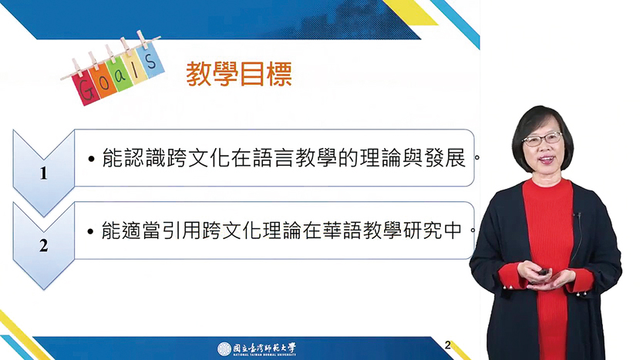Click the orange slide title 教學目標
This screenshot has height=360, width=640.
click(x=239, y=74)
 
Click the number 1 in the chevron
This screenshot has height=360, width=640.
click(x=43, y=173)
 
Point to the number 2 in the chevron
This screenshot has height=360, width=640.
click(x=43, y=246)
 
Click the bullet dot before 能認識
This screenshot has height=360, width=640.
click(x=92, y=159)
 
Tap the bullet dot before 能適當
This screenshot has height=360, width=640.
click(x=91, y=232)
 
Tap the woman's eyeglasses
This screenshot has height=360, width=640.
click(x=542, y=139)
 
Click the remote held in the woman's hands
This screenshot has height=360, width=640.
click(x=544, y=272)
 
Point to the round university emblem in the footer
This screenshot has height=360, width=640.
click(x=224, y=349)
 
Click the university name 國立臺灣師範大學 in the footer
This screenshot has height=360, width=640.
click(x=264, y=348)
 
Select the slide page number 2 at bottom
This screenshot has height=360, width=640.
click(x=447, y=345)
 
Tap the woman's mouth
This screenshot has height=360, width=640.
click(x=547, y=160)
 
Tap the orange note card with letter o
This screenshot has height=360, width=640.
click(x=103, y=82)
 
